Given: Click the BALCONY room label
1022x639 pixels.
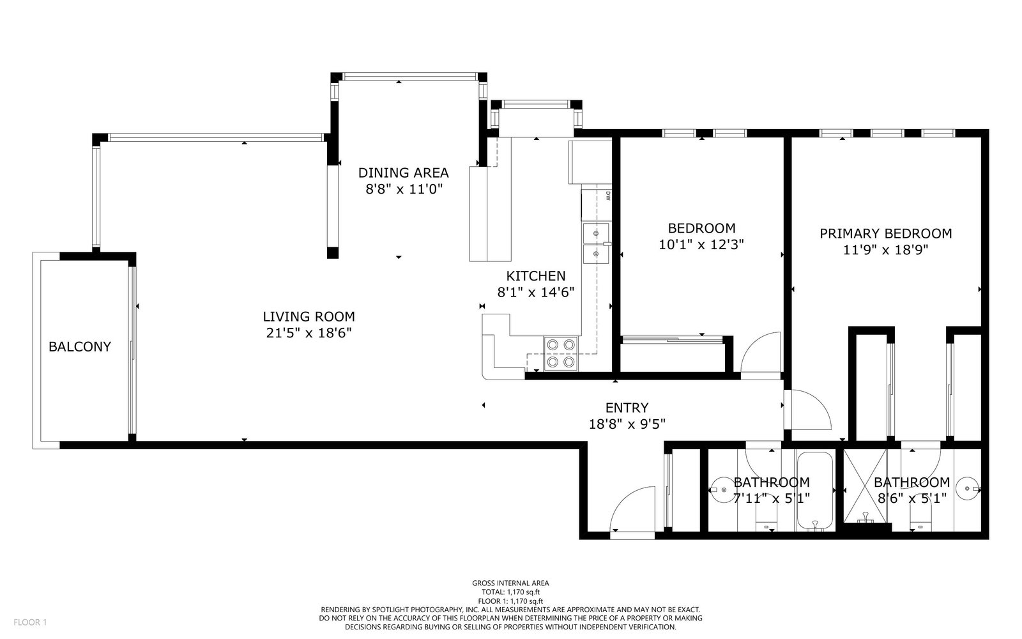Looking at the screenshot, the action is pyautogui.click(x=80, y=347).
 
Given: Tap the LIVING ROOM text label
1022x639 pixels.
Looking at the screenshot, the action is pyautogui.click(x=309, y=317).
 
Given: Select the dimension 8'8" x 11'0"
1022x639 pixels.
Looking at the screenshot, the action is pyautogui.click(x=404, y=189).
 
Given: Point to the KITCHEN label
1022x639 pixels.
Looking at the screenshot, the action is pyautogui.click(x=536, y=275).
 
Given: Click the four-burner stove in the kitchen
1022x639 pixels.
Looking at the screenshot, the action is pyautogui.click(x=561, y=354).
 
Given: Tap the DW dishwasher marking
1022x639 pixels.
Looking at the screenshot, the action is pyautogui.click(x=607, y=196).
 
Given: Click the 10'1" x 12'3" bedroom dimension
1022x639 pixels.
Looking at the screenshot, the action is pyautogui.click(x=701, y=245).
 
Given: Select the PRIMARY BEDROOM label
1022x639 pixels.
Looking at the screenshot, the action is pyautogui.click(x=885, y=234).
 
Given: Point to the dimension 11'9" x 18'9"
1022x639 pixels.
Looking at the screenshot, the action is pyautogui.click(x=885, y=250).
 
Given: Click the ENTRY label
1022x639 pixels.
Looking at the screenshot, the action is pyautogui.click(x=627, y=408).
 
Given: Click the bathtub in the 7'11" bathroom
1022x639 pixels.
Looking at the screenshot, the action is pyautogui.click(x=815, y=491).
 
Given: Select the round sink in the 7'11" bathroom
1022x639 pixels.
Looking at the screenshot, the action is pyautogui.click(x=722, y=489).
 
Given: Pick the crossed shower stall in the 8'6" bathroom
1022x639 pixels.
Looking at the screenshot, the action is pyautogui.click(x=865, y=486).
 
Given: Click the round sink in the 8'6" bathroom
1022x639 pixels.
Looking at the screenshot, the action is pyautogui.click(x=967, y=489).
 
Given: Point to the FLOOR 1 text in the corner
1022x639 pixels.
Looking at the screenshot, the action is pyautogui.click(x=30, y=622).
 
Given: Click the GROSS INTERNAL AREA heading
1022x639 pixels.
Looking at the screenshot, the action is pyautogui.click(x=510, y=583).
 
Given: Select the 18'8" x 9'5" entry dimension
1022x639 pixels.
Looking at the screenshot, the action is pyautogui.click(x=627, y=424).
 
